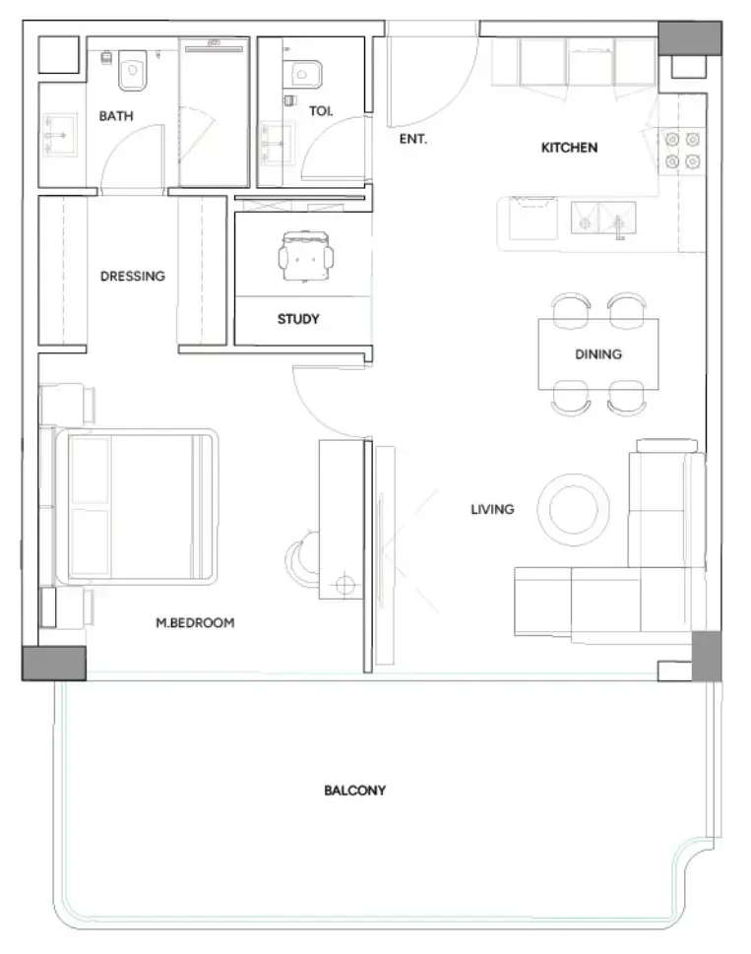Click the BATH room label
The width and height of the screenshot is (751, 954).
pos(116,115)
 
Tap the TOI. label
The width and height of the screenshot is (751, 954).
pos(321,110)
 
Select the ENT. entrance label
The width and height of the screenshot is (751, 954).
pos(412,139)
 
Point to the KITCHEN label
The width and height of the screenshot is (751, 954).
pos(569,148)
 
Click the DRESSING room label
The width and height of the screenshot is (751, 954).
pos(133,277)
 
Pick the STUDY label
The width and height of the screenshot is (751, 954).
pos(298,319)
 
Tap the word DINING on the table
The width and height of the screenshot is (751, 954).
pos(598,354)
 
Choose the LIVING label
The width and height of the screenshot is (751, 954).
pos(492,509)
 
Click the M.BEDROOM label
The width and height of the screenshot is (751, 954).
pos(195,623)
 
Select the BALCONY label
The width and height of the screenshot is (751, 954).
pos(355,791)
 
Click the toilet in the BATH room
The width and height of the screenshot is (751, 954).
pos(132,71)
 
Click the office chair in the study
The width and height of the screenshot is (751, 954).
pos(306,256)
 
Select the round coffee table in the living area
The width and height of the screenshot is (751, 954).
pos(574,509)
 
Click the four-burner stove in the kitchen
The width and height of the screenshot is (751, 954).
pos(682,151)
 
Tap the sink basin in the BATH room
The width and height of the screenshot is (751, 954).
pos(59,135)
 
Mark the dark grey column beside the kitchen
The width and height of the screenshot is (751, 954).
pos(690,38)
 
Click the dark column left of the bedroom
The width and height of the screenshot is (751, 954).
pos(54,664)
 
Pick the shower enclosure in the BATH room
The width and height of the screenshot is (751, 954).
pos(214,112)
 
